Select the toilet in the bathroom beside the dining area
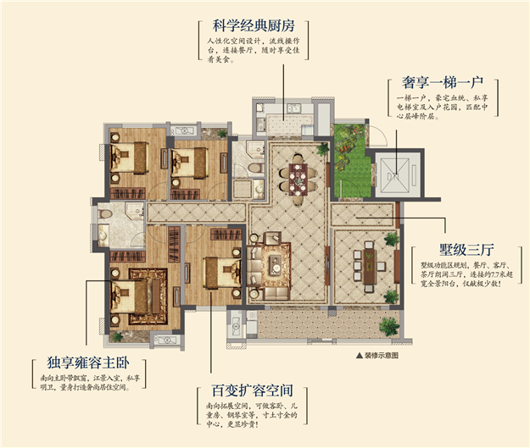tap(254, 170)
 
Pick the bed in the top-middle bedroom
tap(188, 160)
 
